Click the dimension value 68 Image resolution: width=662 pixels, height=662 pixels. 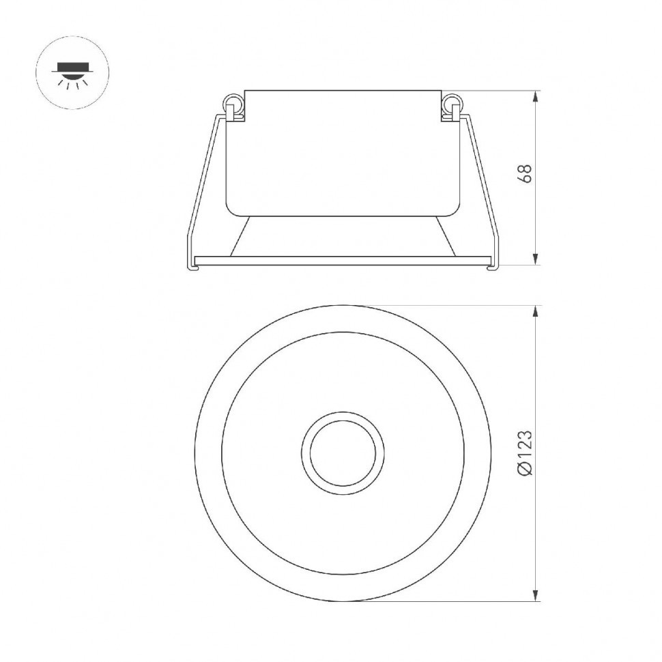tap(525, 173)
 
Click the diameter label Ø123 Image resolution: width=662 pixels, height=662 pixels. tap(525, 453)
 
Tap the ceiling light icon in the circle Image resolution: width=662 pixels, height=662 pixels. tap(72, 72)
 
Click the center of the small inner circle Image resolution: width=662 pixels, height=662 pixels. tap(343, 452)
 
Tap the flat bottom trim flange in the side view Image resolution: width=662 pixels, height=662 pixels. tap(341, 261)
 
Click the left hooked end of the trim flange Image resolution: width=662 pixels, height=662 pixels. tap(192, 266)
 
